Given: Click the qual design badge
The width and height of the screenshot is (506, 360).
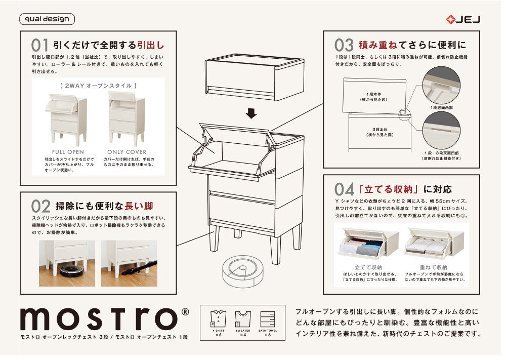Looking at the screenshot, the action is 47,19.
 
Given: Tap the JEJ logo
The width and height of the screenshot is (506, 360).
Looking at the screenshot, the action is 463,20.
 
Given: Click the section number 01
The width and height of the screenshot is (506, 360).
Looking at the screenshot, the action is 39,45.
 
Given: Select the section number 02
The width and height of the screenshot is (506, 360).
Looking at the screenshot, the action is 40,206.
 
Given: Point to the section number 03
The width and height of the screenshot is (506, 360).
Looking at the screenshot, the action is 344,45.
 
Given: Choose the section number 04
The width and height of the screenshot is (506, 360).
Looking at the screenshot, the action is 344,189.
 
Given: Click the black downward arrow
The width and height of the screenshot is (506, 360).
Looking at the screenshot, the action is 251,113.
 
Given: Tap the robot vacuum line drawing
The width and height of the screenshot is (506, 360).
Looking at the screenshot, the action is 244,271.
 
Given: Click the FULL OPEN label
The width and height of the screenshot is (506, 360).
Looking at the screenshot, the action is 68,152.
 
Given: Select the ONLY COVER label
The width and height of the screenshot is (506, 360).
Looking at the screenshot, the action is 127,152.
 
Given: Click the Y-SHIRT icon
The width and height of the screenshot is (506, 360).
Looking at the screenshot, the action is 218,319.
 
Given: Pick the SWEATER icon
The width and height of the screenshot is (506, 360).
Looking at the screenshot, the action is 243,319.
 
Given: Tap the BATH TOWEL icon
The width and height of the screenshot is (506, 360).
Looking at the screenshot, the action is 268,319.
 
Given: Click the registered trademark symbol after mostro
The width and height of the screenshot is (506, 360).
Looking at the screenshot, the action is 185,312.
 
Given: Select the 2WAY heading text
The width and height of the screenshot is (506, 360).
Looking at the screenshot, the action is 98,86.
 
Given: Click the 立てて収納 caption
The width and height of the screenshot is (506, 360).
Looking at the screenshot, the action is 368,267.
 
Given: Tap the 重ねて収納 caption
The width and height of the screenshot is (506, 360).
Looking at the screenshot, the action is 434,267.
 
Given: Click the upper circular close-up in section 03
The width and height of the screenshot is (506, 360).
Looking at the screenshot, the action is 441,85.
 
